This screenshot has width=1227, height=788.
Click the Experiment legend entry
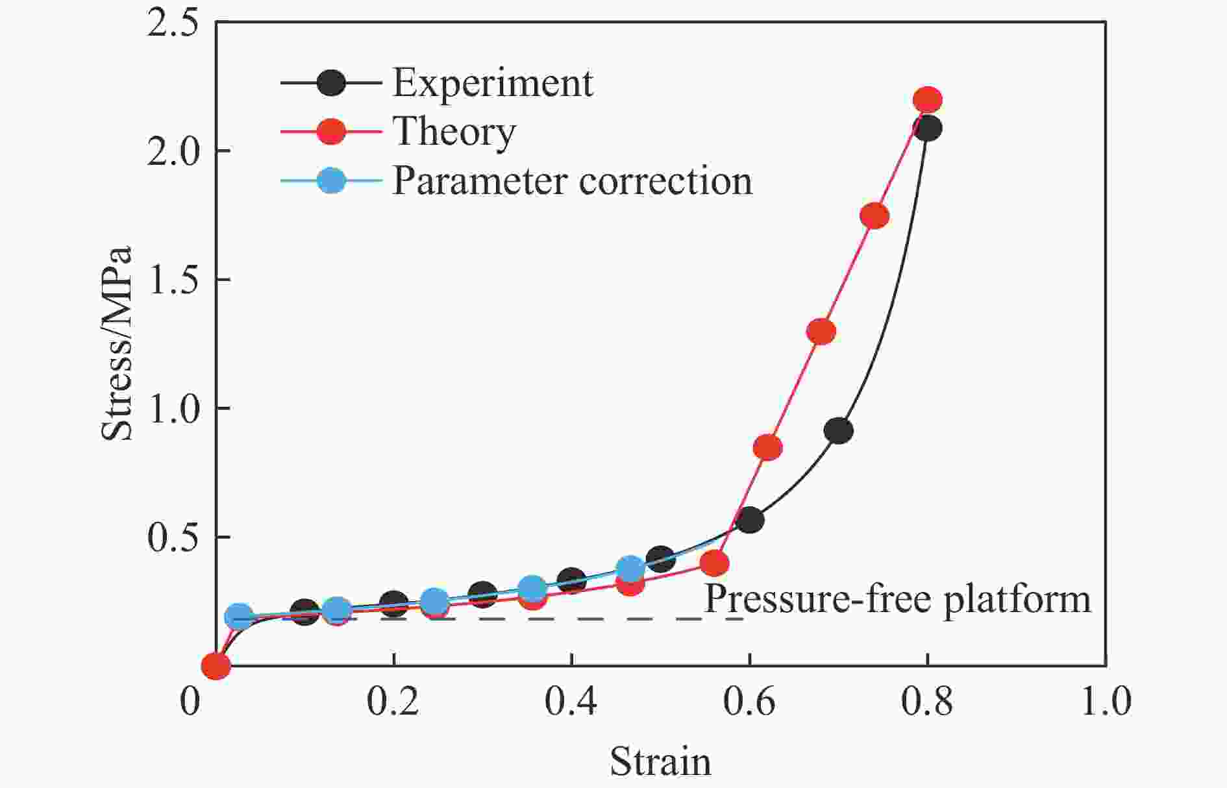click(x=492, y=83)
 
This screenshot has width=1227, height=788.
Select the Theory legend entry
click(x=454, y=132)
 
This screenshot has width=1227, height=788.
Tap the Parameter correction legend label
click(x=572, y=180)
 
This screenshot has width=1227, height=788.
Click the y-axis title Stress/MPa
click(x=117, y=343)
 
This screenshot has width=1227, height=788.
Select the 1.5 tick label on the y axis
click(x=172, y=280)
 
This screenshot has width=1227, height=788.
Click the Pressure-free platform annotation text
click(x=897, y=598)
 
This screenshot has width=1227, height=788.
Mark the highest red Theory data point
click(x=927, y=100)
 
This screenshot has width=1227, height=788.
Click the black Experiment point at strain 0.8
click(x=927, y=129)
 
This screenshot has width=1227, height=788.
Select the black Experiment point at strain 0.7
click(x=838, y=431)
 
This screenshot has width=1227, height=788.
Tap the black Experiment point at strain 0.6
click(x=750, y=520)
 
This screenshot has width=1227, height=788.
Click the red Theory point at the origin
click(x=216, y=665)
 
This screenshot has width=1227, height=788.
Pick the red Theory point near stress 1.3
click(x=821, y=332)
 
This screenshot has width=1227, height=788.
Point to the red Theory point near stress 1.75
click(x=874, y=216)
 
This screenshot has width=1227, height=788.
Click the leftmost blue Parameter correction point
click(x=239, y=616)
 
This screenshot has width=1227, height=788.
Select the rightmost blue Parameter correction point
click(x=630, y=569)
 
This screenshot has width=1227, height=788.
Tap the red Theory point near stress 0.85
click(x=767, y=447)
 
